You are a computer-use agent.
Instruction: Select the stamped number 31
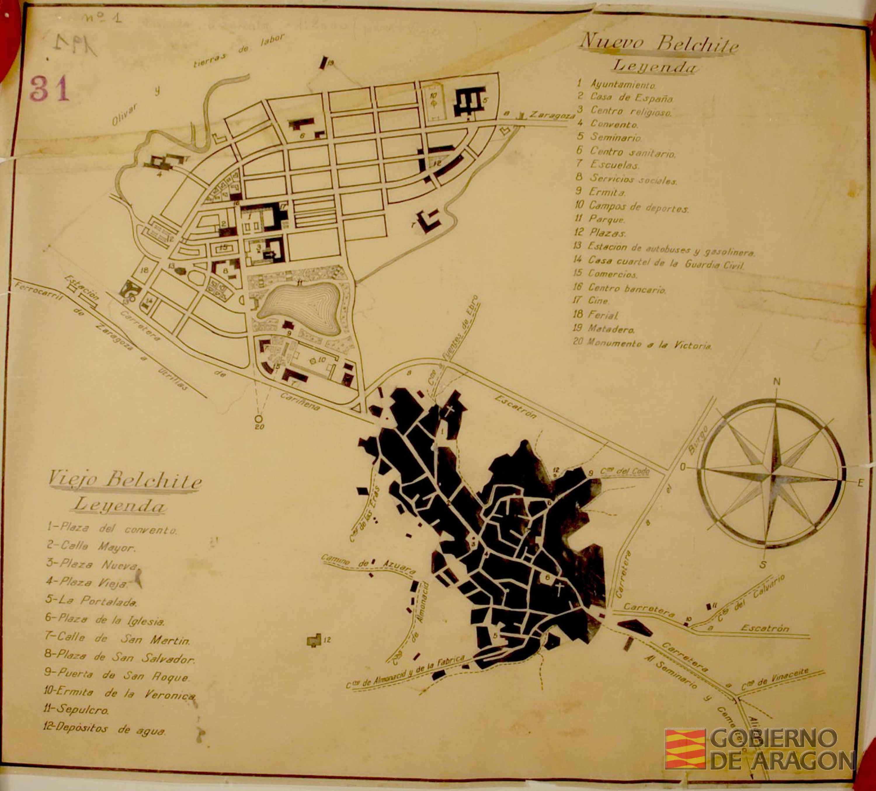pos(50,89)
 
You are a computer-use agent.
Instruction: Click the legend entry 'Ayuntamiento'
pos(622,84)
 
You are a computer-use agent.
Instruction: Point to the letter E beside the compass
pos(860,482)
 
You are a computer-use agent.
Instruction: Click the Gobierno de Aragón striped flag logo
pos(685,748)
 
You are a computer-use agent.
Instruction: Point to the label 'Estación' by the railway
pos(82,288)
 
